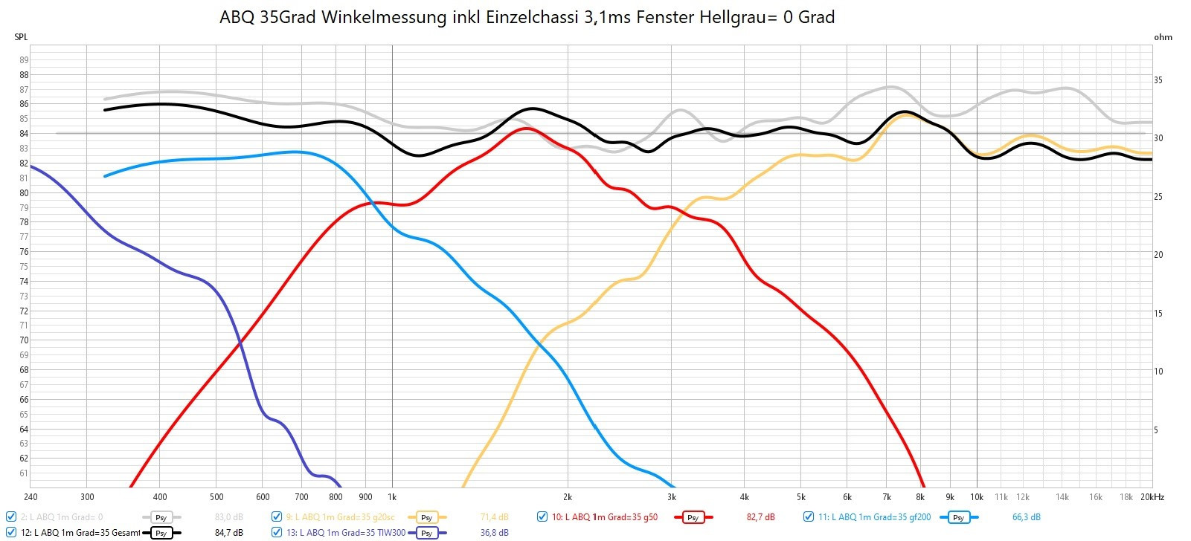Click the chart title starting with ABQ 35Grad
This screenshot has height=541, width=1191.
pos(527,17)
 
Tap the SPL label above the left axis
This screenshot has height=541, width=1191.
pos(21,36)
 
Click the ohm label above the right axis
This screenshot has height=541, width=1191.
pos(1163,37)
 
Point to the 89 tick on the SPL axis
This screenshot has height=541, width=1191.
pos(24,60)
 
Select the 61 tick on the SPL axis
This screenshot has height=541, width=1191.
pos(24,473)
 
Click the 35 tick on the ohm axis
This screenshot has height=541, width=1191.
pos(1158,80)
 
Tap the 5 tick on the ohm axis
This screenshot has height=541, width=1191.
pos(1156,430)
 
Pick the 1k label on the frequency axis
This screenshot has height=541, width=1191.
pos(392,497)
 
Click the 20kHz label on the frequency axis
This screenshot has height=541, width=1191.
pos(1152,497)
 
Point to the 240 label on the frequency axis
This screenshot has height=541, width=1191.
pos(31,497)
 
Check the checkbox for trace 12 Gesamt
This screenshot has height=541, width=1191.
pos(11,532)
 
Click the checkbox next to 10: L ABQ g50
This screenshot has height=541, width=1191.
pos(542,516)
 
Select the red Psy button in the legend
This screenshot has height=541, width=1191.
pos(693,517)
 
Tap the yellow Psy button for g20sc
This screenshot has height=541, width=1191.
pos(426,517)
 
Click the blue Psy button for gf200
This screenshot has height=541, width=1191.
pos(958,517)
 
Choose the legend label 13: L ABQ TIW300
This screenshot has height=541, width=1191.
pos(347,533)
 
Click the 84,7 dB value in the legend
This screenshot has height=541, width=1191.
pos(228,533)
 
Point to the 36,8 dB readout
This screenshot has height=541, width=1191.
pos(494,533)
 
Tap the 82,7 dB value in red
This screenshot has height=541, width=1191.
pos(760,517)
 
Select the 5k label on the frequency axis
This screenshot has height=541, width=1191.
pos(800,497)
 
